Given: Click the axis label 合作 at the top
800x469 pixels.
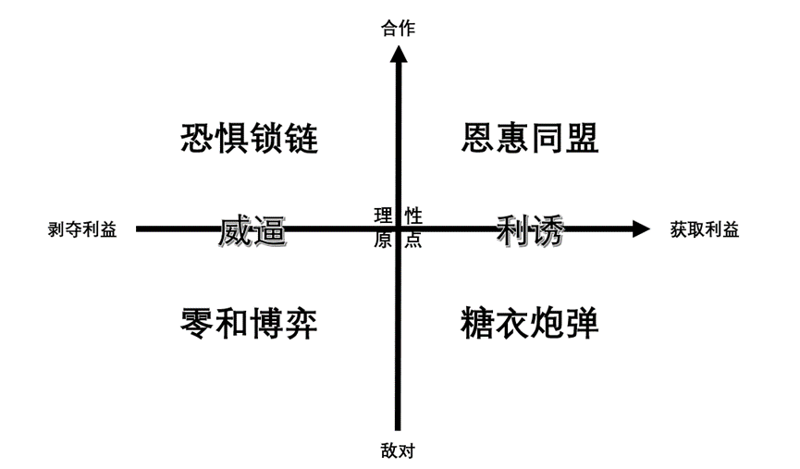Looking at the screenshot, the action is [399, 29].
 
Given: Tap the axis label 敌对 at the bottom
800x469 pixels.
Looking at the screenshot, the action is [399, 451].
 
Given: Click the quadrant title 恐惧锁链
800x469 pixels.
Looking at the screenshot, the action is [250, 139].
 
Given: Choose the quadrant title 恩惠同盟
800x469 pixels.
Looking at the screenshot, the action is [530, 139].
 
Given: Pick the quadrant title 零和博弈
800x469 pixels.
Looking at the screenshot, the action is [250, 324].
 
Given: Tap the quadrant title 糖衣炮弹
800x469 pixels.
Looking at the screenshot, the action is [530, 324].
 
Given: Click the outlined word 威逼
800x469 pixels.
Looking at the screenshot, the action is [252, 230].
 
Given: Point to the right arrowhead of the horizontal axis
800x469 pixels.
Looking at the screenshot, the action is [641, 228].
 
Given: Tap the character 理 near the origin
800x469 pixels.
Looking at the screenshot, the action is [383, 216].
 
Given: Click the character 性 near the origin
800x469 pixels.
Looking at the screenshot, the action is [413, 216].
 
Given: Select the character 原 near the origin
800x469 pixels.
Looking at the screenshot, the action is [383, 241].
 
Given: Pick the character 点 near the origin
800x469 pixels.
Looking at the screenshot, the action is [413, 241].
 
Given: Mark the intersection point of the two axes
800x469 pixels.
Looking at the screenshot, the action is [399, 228].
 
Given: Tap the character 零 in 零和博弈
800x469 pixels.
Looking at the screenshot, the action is [198, 324].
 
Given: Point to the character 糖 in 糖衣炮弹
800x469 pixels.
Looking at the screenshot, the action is [477, 324].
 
